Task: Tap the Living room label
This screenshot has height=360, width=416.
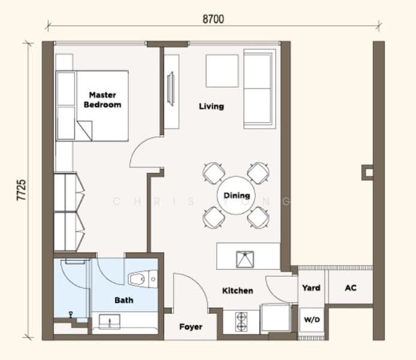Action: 211,106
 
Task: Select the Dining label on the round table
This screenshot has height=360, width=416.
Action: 237,196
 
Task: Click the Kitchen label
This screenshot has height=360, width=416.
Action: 237,290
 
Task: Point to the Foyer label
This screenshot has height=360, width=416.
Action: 191,327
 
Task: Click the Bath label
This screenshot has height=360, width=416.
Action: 123,300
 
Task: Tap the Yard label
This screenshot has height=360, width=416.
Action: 311,288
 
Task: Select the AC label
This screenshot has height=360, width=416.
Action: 351,288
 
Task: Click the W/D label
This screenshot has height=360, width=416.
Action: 311,320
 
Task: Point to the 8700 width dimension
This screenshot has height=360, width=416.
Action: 213,19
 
